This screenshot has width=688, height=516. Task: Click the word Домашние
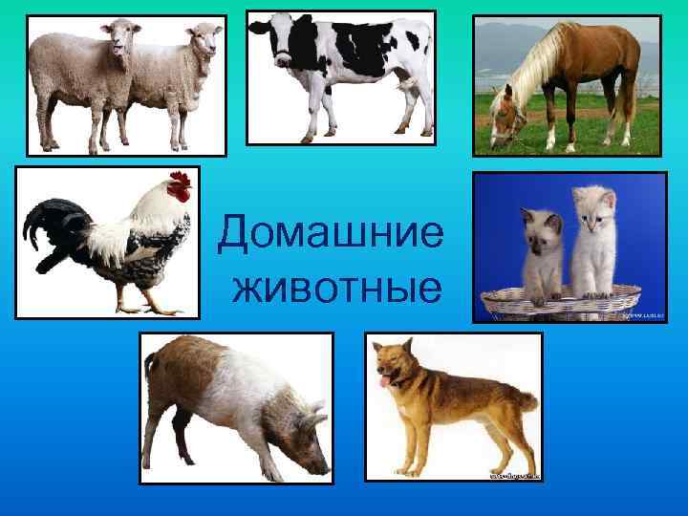pos(331,232)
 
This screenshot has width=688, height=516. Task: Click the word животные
pos(336,287)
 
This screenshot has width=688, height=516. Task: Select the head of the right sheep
pos(204,40)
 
